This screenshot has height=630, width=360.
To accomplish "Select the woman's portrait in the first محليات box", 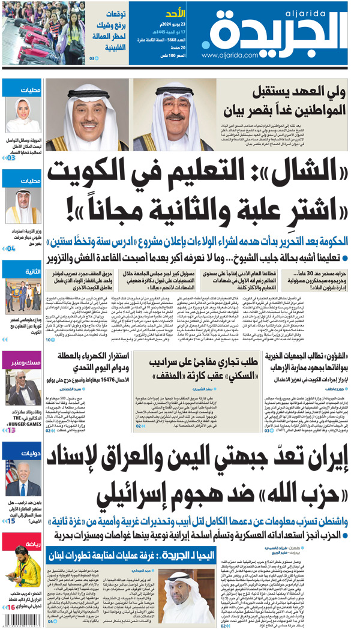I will (23, 116).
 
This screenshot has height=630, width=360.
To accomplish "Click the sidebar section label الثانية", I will (32, 271).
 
